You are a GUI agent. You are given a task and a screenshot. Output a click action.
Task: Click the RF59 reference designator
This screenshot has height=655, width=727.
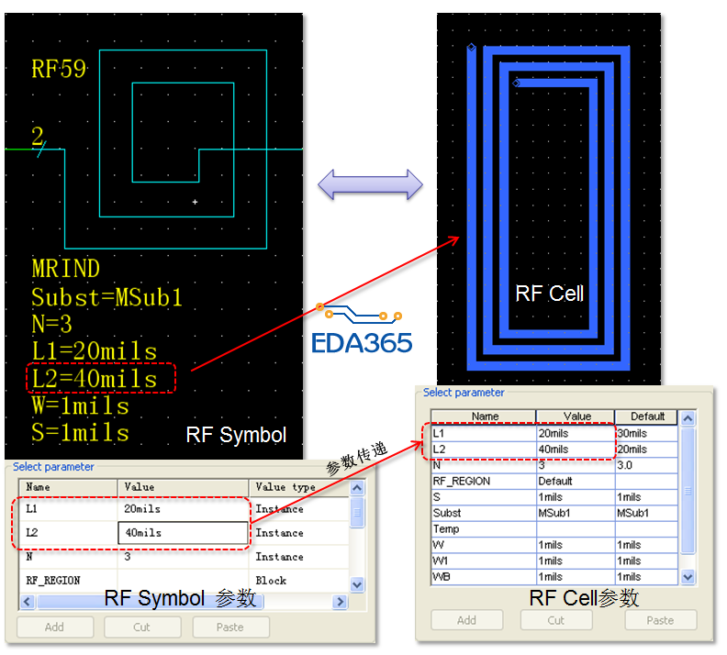[59, 69]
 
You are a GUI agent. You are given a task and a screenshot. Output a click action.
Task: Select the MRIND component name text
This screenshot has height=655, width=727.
[65, 269]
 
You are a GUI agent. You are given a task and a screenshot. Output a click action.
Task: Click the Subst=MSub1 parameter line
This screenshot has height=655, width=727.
[106, 297]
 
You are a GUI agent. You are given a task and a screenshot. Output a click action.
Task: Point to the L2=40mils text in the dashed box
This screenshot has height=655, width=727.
[95, 379]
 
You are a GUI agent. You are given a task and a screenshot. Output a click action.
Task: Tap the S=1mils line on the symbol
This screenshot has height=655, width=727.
[80, 433]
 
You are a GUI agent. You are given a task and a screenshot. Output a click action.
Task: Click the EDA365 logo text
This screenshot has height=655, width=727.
[362, 343]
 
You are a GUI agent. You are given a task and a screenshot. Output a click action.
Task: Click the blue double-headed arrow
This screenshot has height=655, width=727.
[370, 184]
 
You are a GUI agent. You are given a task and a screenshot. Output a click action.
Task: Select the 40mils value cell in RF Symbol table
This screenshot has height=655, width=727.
[184, 533]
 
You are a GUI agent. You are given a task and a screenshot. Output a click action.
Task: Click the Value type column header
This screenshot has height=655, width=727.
[285, 487]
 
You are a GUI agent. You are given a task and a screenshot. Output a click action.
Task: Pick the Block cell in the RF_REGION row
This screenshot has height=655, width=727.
[271, 581]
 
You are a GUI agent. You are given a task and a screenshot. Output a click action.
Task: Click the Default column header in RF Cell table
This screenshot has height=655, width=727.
[647, 416]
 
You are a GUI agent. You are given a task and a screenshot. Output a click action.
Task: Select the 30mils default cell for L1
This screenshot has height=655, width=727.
[632, 433]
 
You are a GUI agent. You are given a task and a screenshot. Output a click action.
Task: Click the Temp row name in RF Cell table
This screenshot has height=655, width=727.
[446, 529]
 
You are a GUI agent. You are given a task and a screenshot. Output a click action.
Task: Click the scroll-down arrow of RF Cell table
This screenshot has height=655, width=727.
[688, 577]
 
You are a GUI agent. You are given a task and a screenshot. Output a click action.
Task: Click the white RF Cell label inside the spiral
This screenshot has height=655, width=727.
[550, 294]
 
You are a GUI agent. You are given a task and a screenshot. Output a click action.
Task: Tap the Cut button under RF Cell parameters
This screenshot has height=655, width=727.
[556, 620]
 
